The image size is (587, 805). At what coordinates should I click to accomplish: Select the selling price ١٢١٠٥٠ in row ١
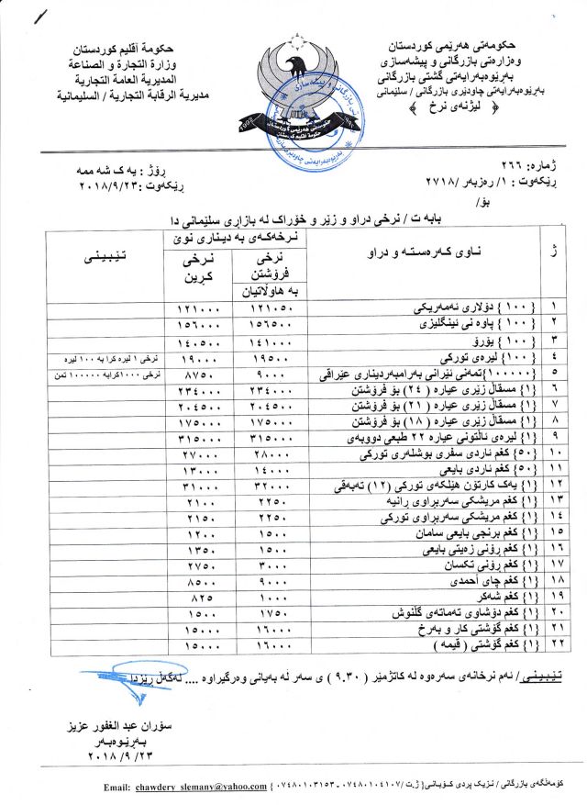[270, 305]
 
